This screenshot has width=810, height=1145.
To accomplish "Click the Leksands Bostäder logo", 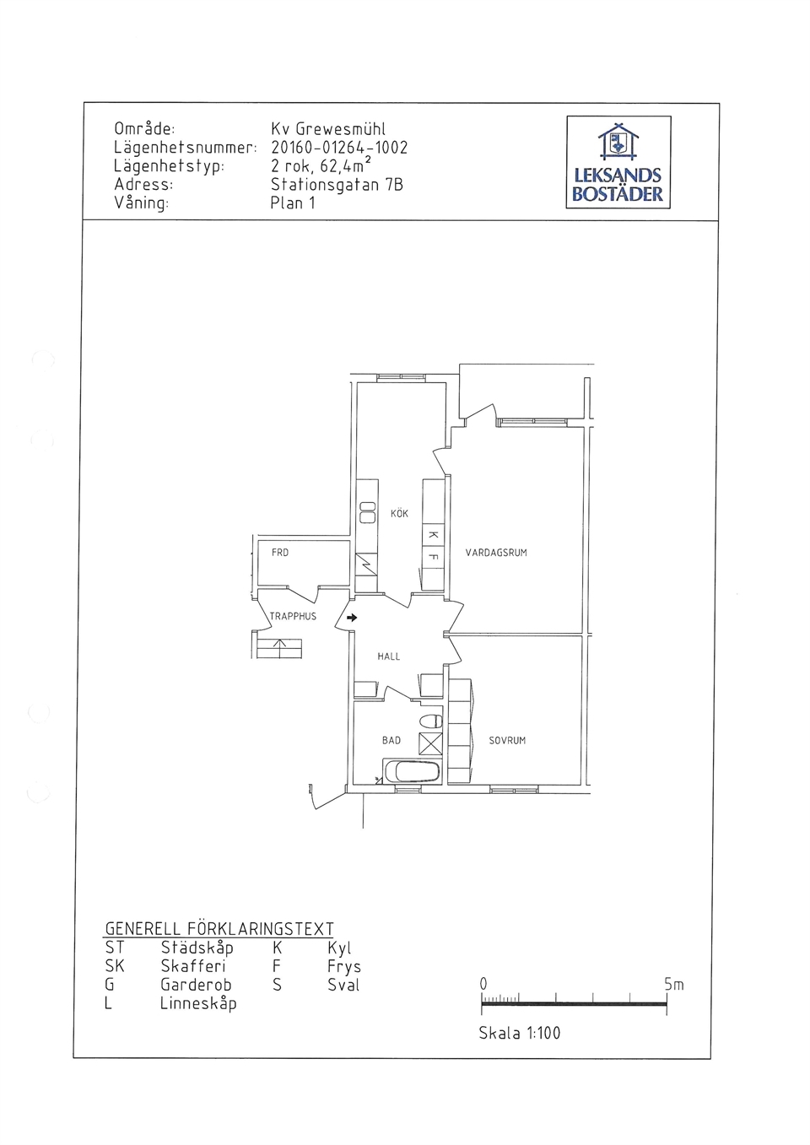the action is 618,162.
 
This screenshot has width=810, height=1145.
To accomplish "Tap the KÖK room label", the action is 399,513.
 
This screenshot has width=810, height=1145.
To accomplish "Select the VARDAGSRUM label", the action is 496,552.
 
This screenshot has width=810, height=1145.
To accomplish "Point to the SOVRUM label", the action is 507,740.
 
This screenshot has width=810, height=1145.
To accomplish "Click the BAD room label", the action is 391,740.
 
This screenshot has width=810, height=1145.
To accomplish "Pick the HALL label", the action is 388,656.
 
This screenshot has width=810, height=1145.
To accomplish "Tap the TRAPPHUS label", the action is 293,617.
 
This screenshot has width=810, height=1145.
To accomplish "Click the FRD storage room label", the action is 280,553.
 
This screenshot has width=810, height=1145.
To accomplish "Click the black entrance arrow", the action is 352,618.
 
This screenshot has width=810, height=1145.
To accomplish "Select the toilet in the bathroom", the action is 431,721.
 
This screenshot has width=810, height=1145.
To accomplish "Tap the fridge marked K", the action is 434,535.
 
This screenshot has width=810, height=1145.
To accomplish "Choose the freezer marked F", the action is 434,557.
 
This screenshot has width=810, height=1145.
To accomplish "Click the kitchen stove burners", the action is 367,513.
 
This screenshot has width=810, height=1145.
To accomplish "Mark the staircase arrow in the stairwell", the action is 279,648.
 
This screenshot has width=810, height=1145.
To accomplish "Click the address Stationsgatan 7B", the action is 337,184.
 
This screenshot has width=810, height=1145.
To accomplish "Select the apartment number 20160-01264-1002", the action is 339,148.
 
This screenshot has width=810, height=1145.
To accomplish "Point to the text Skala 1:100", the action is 519,1033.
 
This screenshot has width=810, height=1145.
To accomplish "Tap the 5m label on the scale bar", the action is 674,985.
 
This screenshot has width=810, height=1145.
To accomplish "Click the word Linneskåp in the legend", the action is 198,1003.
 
